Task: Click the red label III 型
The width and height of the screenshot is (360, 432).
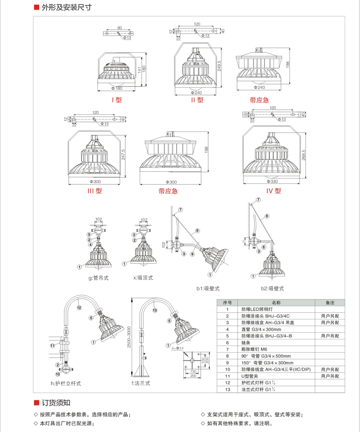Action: coord(94,191)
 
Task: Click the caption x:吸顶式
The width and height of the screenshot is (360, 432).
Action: coord(143,278)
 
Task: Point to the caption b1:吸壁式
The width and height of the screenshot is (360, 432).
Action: coord(207,288)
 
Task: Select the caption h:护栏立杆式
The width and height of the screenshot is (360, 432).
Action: coord(66,384)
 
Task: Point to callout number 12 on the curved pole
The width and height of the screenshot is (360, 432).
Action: coord(80,307)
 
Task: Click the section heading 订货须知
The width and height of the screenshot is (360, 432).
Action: coord(56,403)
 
